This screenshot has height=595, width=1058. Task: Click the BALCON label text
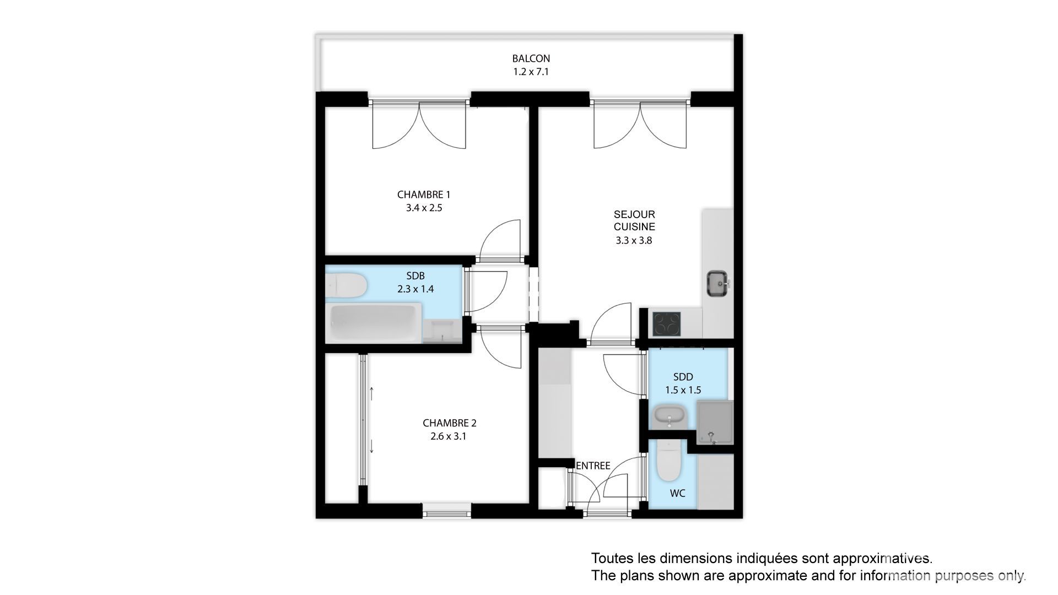pyautogui.click(x=531, y=58)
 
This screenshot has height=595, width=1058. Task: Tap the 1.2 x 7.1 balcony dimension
pyautogui.click(x=531, y=72)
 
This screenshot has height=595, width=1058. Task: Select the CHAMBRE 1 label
pyautogui.click(x=424, y=194)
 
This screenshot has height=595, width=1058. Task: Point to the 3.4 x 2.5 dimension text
pyautogui.click(x=424, y=208)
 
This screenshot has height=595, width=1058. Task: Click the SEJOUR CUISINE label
pyautogui.click(x=634, y=220)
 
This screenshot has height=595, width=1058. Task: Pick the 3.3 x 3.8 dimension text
pyautogui.click(x=634, y=240)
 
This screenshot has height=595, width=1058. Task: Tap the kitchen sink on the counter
pyautogui.click(x=718, y=283)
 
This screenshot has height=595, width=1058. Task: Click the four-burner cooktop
pyautogui.click(x=666, y=324)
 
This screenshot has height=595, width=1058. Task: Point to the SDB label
pyautogui.click(x=415, y=276)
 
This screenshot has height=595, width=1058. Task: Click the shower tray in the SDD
pyautogui.click(x=715, y=422)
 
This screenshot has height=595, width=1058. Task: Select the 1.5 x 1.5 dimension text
pyautogui.click(x=683, y=390)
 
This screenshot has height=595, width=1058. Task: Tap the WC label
pyautogui.click(x=678, y=494)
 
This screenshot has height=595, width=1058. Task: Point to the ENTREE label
pyautogui.click(x=593, y=466)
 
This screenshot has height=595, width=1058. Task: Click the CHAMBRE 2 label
pyautogui.click(x=450, y=423)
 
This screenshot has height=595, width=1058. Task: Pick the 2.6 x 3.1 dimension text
pyautogui.click(x=449, y=436)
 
